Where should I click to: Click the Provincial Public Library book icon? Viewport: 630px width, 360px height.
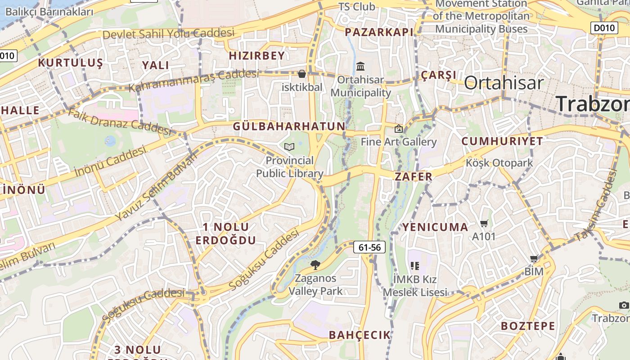click(289, 147)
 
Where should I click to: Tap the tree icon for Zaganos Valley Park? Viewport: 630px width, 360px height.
click(315, 265)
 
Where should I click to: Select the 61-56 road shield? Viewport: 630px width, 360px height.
click(370, 247)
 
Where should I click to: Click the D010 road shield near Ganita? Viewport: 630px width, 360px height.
click(604, 28)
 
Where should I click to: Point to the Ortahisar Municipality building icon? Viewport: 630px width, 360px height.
click(360, 67)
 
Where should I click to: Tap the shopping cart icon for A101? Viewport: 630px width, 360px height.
click(484, 223)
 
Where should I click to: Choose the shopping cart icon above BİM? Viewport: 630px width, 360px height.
click(534, 258)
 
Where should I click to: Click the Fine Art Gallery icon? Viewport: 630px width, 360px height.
click(398, 129)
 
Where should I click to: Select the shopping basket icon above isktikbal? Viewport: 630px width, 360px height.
click(302, 73)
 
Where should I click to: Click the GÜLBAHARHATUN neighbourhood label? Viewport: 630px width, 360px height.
click(289, 126)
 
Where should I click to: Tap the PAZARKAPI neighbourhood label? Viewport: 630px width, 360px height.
click(379, 32)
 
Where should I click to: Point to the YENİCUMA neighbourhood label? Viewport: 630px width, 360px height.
click(435, 227)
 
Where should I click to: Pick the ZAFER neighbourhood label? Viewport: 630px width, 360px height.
click(414, 176)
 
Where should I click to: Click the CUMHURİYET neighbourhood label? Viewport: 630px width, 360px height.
click(502, 141)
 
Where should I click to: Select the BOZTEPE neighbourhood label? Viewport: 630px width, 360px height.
click(528, 326)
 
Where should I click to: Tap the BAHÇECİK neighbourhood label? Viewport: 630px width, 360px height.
click(360, 335)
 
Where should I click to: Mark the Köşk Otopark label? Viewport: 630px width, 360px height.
click(499, 163)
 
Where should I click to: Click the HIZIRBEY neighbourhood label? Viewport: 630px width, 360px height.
click(257, 56)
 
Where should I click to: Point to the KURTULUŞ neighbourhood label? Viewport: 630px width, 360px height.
click(71, 63)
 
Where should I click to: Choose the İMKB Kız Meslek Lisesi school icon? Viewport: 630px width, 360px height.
click(414, 266)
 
